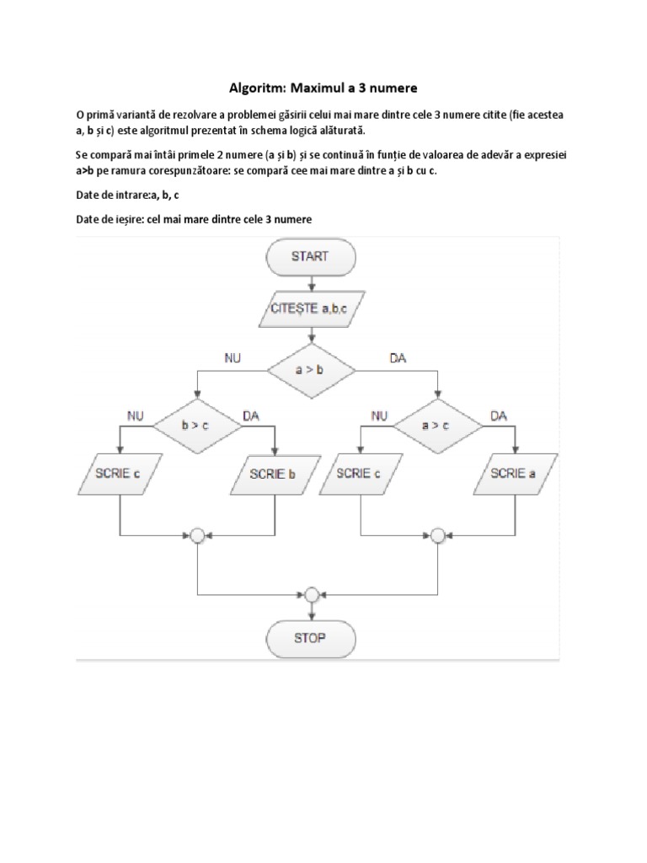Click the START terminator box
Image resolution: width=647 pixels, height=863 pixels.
coord(309,257)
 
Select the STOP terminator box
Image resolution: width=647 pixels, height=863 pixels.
coord(309,638)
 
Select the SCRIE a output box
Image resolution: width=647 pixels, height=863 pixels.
coord(514,474)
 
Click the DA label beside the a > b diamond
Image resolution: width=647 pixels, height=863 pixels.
coord(398,358)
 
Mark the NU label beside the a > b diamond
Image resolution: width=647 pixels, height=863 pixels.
coord(233,358)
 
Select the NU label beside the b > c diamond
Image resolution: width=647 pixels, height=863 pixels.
coord(135,415)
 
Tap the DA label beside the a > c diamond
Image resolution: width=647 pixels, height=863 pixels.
coord(499,415)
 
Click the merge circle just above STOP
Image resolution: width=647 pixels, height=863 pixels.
coord(311,594)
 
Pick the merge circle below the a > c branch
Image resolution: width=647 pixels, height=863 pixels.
coord(437,535)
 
